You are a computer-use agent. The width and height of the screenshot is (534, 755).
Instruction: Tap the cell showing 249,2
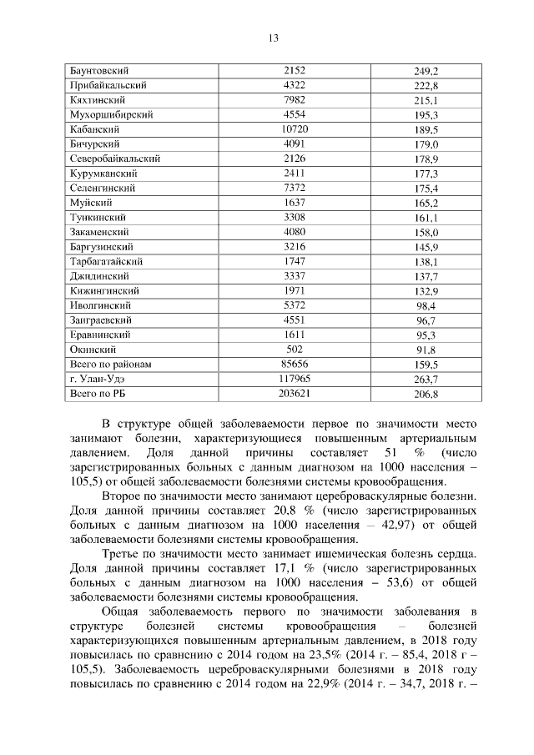coord(426,71)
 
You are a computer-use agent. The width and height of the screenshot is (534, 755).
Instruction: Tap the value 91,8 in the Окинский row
coord(426,350)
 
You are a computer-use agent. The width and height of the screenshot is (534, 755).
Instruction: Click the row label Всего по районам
coord(110,365)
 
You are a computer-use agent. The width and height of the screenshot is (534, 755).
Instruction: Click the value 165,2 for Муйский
coord(426,204)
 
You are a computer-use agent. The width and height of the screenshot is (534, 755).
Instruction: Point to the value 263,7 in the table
coord(426,380)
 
